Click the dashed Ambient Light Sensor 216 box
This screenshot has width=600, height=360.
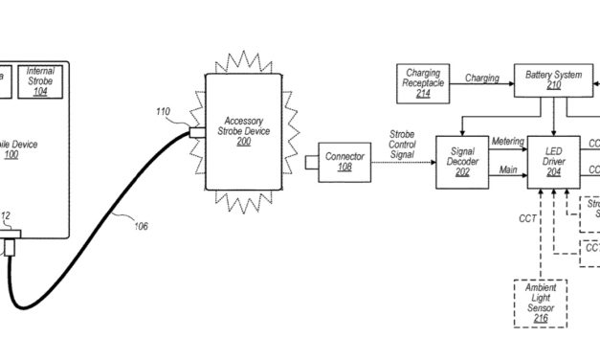[x=541, y=302]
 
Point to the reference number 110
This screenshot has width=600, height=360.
[x=165, y=112]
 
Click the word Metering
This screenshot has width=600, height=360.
[x=507, y=142]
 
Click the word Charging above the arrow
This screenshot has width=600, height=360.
[x=481, y=78]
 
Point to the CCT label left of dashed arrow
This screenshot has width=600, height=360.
[x=526, y=219]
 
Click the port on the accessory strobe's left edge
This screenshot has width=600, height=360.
[x=197, y=132]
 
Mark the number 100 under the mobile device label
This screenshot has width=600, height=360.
[x=11, y=154]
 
